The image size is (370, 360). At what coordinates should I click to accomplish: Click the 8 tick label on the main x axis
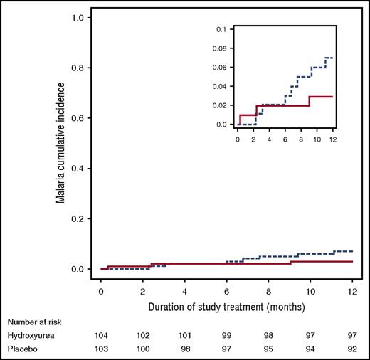[268, 291]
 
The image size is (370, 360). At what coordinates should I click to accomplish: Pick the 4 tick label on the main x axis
[184, 291]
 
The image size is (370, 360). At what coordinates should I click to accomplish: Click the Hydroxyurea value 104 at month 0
[101, 334]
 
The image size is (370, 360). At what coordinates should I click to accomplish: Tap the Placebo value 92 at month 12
[352, 349]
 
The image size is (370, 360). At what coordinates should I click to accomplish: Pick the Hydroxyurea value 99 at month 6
[226, 334]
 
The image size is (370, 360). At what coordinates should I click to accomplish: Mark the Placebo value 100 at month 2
[142, 349]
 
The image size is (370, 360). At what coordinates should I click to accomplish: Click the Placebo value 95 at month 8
[268, 349]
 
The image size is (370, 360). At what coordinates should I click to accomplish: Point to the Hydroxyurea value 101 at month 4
[184, 334]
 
